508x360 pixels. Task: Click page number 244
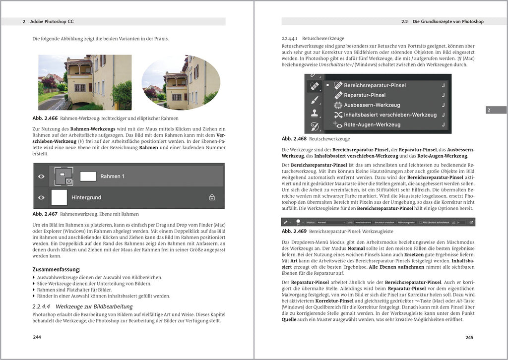(x=37, y=337)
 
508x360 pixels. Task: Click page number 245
(x=469, y=337)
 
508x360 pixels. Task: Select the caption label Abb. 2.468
(x=293, y=139)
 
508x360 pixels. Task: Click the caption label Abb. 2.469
(x=293, y=231)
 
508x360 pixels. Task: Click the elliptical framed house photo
(x=181, y=82)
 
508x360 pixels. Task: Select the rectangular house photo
(x=85, y=82)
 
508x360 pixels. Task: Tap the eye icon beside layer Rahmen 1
(x=41, y=176)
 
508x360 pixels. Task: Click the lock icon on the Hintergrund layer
(x=212, y=197)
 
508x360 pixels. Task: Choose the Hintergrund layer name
(x=86, y=197)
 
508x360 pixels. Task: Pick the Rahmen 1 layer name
(x=112, y=176)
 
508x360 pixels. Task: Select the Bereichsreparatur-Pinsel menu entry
(x=375, y=85)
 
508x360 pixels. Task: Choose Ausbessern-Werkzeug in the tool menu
(x=372, y=105)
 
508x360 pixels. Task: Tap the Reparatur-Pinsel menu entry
(x=365, y=95)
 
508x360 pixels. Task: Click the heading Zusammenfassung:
(x=56, y=269)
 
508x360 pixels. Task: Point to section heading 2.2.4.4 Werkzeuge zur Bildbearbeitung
(x=82, y=306)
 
